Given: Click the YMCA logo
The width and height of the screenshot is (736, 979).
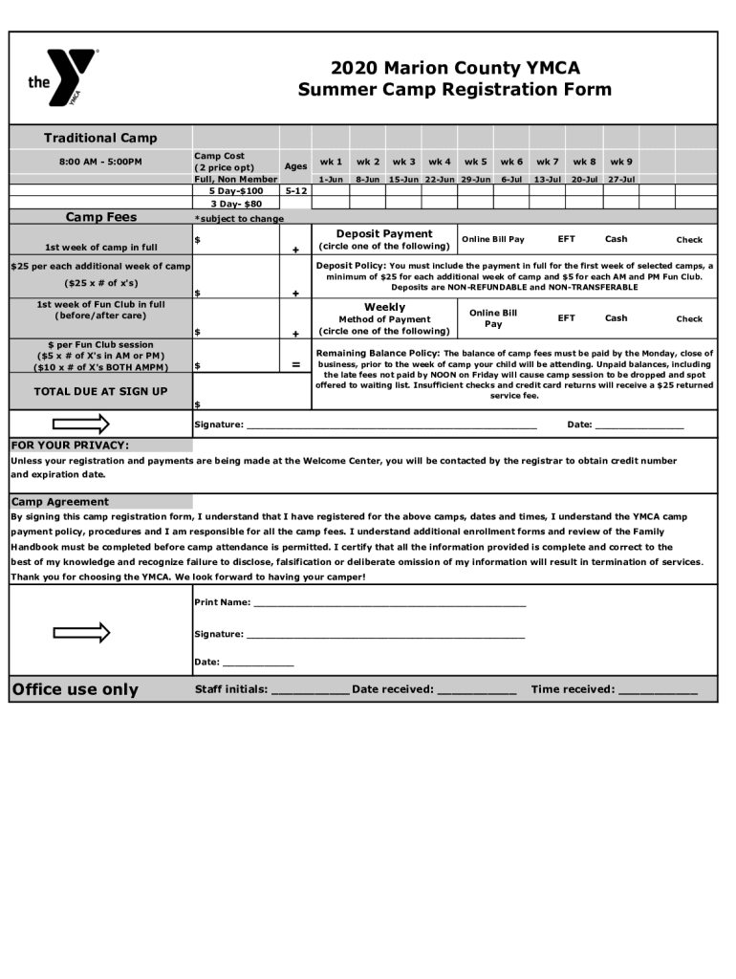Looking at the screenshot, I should click(x=63, y=77).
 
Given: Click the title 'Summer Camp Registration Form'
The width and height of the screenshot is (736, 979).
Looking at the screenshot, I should click(x=454, y=90).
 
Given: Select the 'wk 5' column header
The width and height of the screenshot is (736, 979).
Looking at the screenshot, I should click(x=475, y=162).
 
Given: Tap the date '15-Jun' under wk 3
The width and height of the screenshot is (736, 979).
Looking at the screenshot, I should click(x=403, y=179).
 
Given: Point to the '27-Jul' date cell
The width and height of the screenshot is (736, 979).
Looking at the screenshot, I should click(x=621, y=179).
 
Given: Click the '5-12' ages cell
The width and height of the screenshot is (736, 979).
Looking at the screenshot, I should click(x=295, y=190).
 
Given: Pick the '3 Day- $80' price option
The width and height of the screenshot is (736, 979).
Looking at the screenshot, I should click(x=236, y=203).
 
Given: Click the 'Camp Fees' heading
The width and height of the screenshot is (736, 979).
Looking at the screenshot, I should click(x=100, y=217).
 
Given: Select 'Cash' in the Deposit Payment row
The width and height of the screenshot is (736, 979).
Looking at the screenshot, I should click(x=616, y=239).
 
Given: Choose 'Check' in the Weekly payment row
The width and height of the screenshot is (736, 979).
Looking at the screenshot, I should click(x=689, y=319).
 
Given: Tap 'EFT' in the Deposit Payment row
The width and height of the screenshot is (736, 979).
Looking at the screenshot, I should click(x=567, y=239).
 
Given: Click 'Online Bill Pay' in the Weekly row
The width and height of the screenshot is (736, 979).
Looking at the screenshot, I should click(x=493, y=318).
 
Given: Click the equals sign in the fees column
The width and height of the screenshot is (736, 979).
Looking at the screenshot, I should click(x=295, y=365).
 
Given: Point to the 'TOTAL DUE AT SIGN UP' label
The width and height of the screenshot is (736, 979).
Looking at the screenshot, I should click(x=100, y=391).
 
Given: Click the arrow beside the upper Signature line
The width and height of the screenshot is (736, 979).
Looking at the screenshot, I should click(x=81, y=424).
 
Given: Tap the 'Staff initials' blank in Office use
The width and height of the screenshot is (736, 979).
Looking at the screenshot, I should click(x=310, y=689).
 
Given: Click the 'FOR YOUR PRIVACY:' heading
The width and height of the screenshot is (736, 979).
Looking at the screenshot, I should click(x=70, y=445).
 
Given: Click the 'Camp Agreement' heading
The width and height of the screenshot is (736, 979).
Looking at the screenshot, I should click(x=60, y=501).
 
